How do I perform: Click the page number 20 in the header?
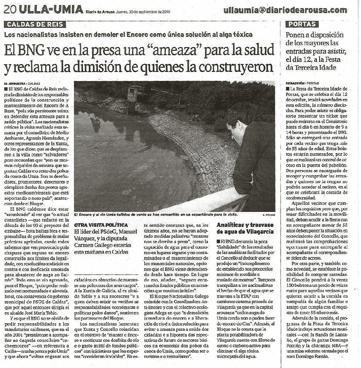pos(10,9)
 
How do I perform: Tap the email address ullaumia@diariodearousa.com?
pos(285,10)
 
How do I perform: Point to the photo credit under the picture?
pos(266,215)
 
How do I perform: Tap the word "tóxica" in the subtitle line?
pos(242,34)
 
